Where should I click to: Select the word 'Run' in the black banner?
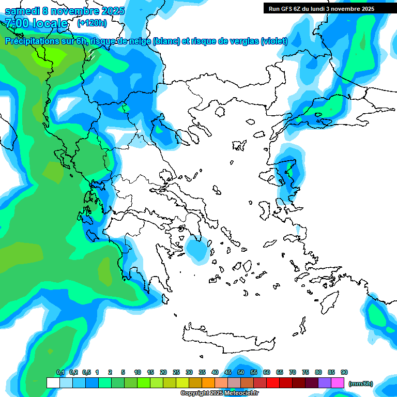[x=274, y=8]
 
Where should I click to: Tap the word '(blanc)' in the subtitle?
[x=166, y=41]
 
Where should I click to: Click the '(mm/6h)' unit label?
[x=361, y=384]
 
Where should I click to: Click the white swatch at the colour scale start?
[x=53, y=383]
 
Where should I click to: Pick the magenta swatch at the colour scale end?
[x=338, y=383]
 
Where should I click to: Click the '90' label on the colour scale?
[x=344, y=372]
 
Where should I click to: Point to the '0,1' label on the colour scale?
[x=60, y=372]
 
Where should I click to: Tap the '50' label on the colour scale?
[x=241, y=372]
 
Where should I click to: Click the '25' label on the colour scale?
[x=176, y=372]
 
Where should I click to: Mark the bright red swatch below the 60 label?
[x=273, y=383]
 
